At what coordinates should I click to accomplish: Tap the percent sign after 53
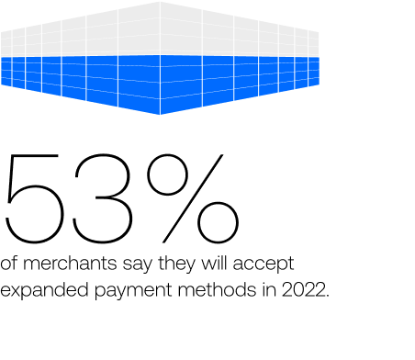[x=193, y=198]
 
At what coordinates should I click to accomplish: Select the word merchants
[x=70, y=264]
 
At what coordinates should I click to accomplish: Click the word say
[x=137, y=265]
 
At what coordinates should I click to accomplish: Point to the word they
[x=176, y=264]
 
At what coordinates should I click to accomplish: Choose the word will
[x=214, y=264]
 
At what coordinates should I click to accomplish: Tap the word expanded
[x=44, y=290]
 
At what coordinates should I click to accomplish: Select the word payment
[x=133, y=291]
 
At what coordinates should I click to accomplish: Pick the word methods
[x=217, y=290]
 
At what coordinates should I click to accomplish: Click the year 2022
[x=303, y=290]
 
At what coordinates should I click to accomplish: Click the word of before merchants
[x=8, y=264]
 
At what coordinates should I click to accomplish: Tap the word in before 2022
[x=269, y=290]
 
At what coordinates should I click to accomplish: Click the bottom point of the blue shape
[x=160, y=115]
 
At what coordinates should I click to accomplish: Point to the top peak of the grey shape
[x=160, y=2]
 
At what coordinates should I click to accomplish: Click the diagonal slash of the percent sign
[x=193, y=198]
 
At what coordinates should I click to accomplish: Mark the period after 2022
[x=328, y=296]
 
